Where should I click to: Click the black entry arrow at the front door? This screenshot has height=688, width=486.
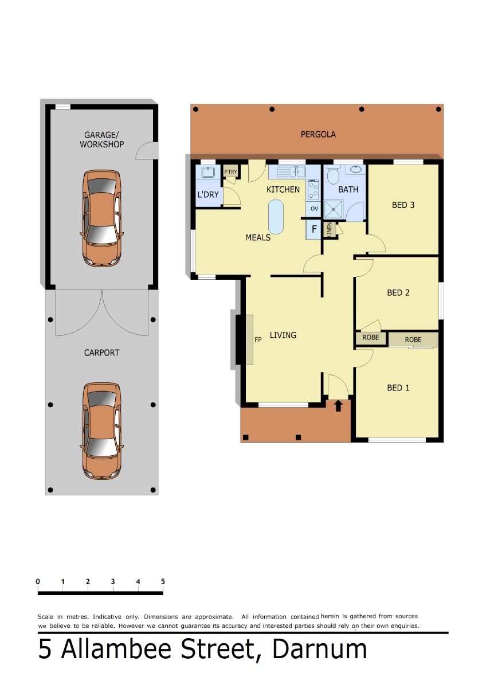[338, 405]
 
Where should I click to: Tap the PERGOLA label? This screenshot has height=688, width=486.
[318, 135]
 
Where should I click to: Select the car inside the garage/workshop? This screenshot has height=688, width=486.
[101, 218]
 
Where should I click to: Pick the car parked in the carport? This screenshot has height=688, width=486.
[101, 431]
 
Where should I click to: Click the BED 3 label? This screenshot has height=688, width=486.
[403, 205]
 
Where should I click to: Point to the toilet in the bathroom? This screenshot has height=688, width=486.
[332, 174]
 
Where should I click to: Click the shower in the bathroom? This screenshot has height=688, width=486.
[333, 209]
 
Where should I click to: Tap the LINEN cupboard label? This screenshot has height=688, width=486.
[329, 229]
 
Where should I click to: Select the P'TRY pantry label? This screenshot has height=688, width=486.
[230, 171]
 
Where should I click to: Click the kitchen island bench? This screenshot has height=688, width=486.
[276, 217]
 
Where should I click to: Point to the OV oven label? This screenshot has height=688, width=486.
[313, 209]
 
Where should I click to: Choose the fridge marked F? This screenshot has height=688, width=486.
[313, 229]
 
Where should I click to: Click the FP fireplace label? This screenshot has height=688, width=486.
[258, 339]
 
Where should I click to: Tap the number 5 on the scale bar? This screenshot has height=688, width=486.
[163, 581]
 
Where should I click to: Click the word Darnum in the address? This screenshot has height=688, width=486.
[319, 649]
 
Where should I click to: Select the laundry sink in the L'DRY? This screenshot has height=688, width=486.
[208, 171]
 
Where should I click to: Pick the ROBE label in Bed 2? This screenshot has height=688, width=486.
[370, 337]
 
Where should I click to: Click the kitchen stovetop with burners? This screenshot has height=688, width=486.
[313, 190]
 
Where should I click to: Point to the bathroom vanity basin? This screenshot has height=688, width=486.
[355, 170]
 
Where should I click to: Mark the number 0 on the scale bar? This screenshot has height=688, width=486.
[38, 581]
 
